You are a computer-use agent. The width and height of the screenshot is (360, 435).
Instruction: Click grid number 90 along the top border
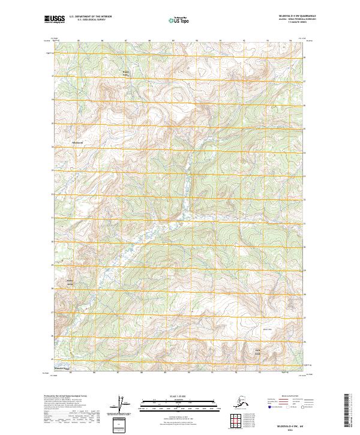pos(197,41)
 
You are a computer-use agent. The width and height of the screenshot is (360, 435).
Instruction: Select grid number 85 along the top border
pos(79,41)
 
